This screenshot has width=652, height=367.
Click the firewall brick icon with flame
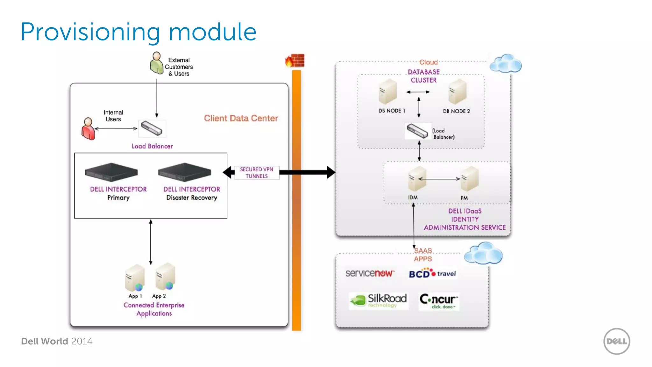coord(295,61)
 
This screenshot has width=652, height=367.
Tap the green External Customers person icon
coord(157,63)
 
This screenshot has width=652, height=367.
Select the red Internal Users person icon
coord(88,129)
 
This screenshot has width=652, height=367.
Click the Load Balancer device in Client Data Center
coord(152,128)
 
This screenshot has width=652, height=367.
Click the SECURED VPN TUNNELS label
coord(257,173)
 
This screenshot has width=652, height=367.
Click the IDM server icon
coord(417,179)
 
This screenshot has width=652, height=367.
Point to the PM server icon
coord(469,179)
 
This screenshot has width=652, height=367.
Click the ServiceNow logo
coord(370,273)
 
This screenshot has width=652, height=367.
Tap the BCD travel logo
coord(432,273)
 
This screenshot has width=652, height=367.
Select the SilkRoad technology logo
coord(379,300)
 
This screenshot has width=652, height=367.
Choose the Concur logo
coord(439,301)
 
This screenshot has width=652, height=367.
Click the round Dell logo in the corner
coord(616,341)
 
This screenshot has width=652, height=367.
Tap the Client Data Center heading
coord(241,118)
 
